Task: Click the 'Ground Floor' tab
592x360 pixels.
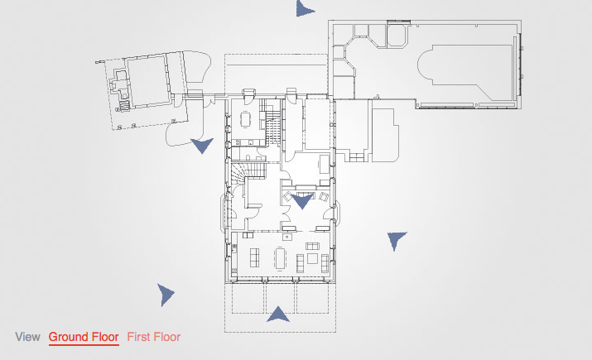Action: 84,337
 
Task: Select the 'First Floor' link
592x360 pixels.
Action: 154,337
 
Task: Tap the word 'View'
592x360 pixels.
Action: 27,337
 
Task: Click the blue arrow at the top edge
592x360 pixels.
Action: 305,8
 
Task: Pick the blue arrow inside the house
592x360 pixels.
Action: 302,200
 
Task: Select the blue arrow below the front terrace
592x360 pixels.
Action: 278,314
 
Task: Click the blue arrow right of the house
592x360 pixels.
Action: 396,240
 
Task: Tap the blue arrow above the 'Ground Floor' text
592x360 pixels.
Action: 165,295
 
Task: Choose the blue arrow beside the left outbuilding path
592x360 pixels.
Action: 202,145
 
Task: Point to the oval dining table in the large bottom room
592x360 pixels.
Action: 280,258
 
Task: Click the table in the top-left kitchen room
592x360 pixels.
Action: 245,119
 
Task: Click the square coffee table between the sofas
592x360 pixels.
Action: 312,258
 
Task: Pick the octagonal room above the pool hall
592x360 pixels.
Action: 397,35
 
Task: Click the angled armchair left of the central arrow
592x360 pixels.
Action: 288,196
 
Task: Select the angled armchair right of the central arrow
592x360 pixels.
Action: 324,197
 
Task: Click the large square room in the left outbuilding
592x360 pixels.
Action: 147,81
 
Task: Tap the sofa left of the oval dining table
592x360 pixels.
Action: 255,257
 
